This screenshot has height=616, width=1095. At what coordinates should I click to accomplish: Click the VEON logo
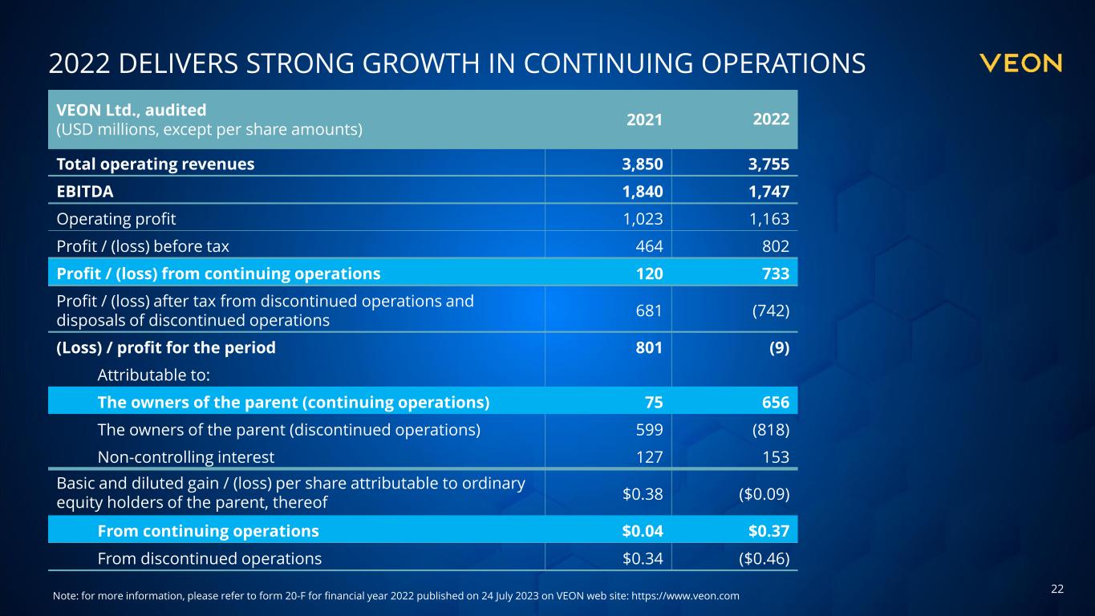tap(1021, 63)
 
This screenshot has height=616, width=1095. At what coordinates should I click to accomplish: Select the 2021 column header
tap(644, 120)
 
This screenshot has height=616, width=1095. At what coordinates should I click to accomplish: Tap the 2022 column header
tap(771, 120)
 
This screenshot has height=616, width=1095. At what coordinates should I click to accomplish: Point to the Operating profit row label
tap(116, 219)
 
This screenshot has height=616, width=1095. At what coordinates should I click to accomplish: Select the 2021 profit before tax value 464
tap(650, 246)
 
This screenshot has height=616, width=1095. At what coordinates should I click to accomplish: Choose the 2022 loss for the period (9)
tap(777, 347)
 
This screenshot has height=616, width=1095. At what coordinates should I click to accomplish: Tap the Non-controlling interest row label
tap(186, 457)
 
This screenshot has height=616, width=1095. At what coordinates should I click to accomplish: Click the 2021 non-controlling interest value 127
tap(650, 457)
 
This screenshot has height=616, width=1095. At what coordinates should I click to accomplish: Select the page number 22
tap(1057, 590)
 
